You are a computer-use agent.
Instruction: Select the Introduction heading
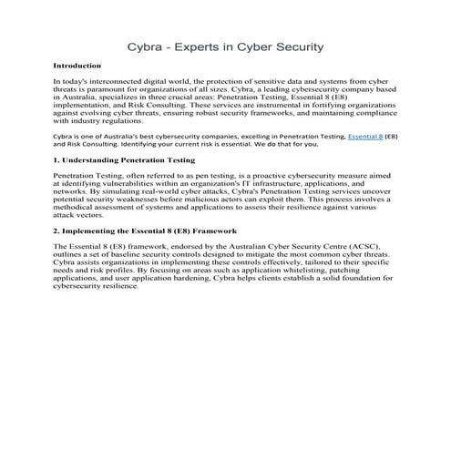[x=77, y=66]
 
